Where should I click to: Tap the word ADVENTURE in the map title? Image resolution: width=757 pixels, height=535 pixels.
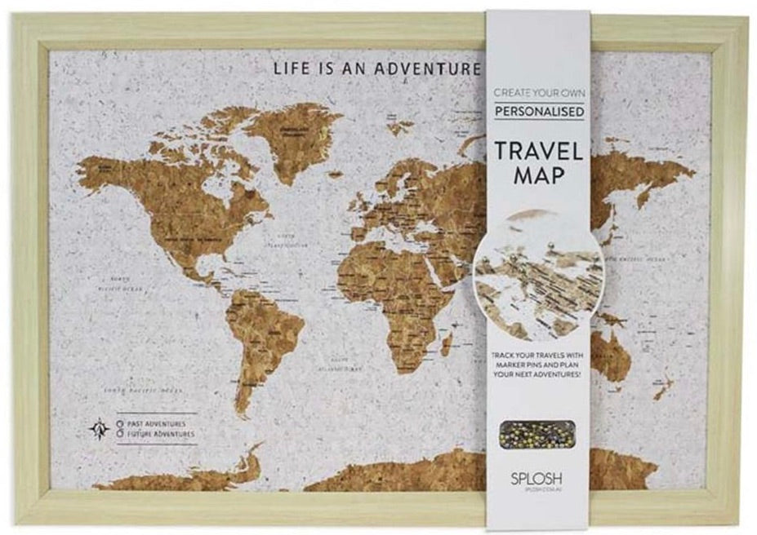click(427, 69)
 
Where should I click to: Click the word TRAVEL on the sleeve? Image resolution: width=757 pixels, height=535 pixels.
click(537, 151)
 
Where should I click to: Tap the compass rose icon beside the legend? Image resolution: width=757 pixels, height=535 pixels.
click(99, 429)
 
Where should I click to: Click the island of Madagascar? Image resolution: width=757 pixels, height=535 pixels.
click(447, 343)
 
